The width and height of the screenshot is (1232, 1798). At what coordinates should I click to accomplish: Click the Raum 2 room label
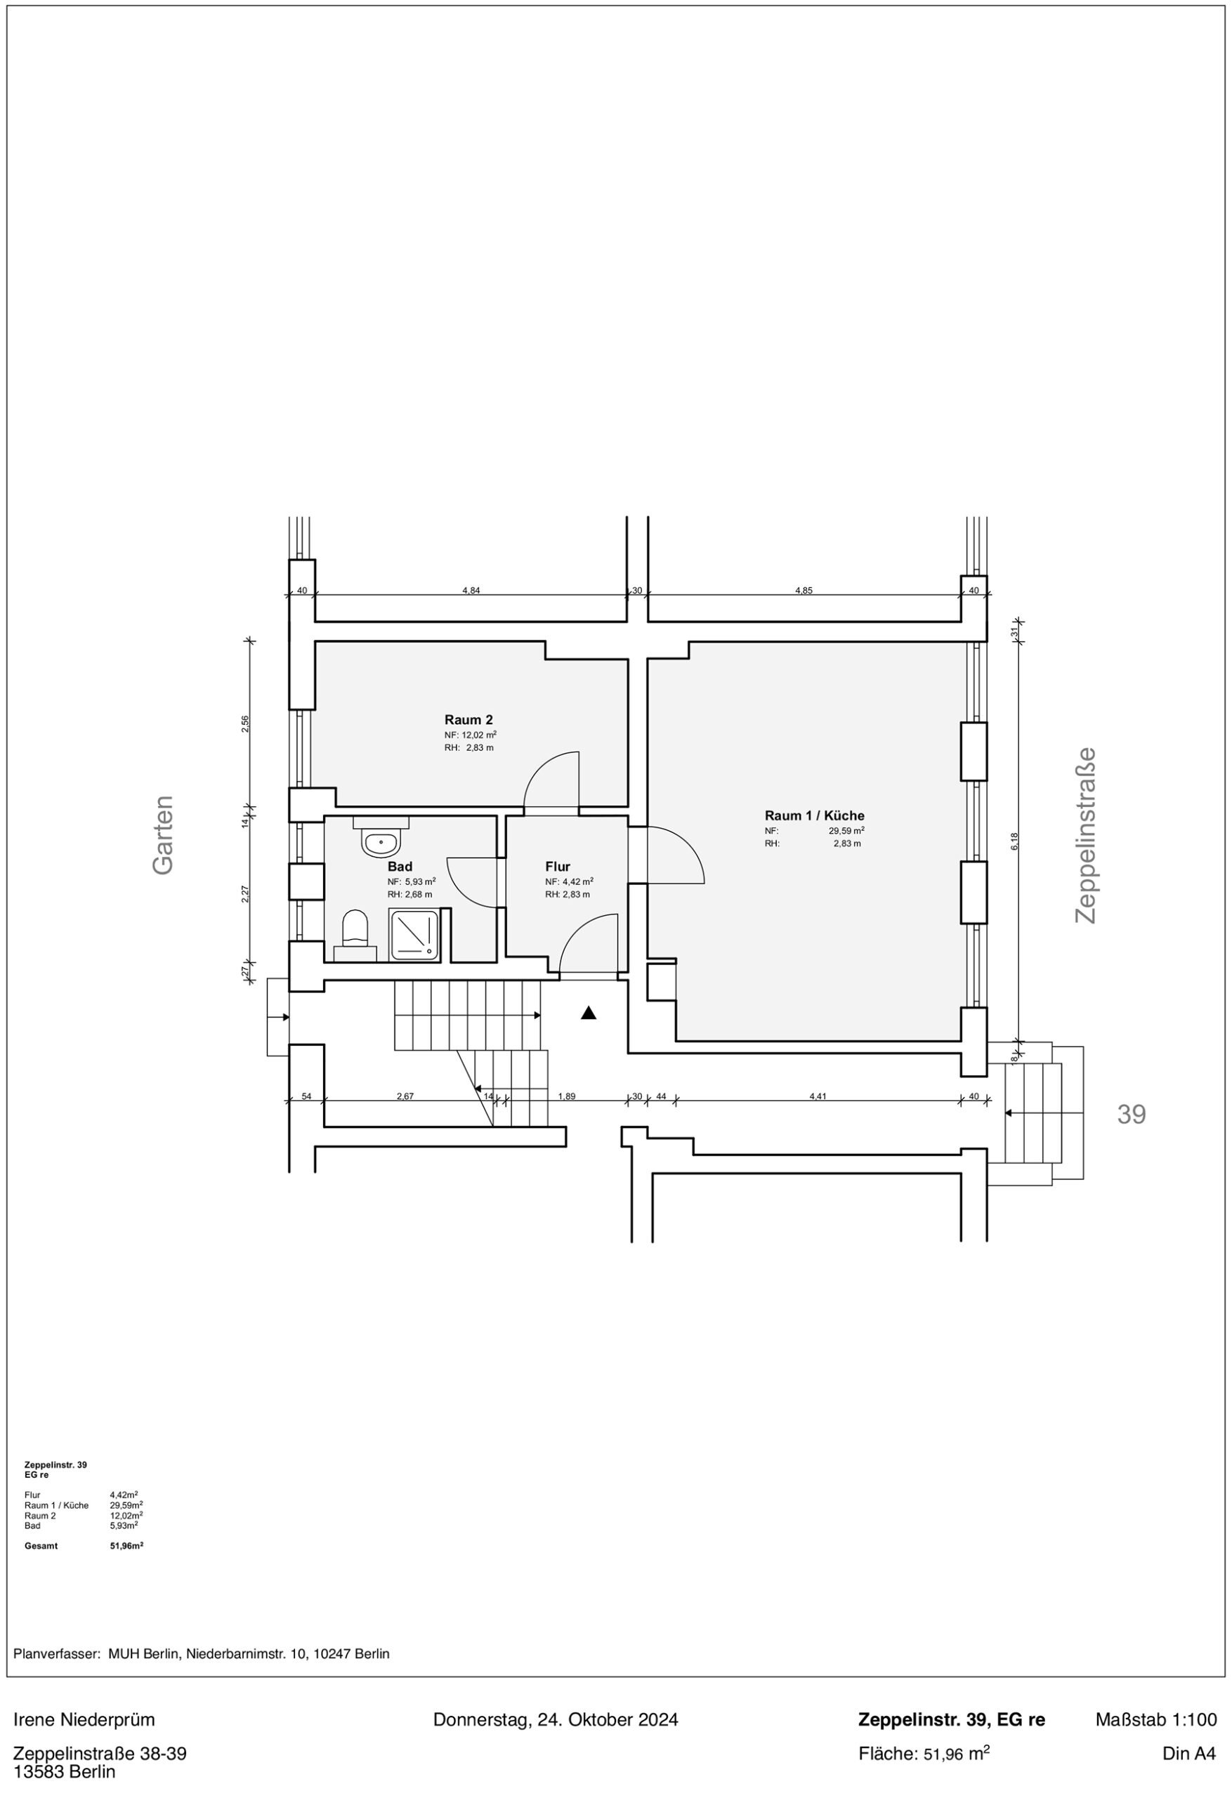pyautogui.click(x=468, y=719)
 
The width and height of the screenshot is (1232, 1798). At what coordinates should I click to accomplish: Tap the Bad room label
pyautogui.click(x=400, y=867)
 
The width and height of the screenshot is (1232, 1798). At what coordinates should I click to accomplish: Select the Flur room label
pyautogui.click(x=557, y=867)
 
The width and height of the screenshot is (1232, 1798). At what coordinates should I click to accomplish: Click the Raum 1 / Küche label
pyautogui.click(x=814, y=815)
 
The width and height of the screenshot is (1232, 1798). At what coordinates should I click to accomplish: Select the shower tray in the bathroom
pyautogui.click(x=416, y=936)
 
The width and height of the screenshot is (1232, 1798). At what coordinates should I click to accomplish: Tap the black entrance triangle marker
pyautogui.click(x=588, y=1013)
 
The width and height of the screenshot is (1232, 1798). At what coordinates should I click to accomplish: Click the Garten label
pyautogui.click(x=163, y=836)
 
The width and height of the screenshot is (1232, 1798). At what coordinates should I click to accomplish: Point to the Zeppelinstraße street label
pyautogui.click(x=1086, y=835)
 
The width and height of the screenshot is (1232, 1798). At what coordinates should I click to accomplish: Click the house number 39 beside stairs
pyautogui.click(x=1132, y=1114)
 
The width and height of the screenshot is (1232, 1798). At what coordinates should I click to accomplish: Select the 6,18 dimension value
pyautogui.click(x=1014, y=841)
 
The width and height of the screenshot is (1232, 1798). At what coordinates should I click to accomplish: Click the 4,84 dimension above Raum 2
pyautogui.click(x=471, y=590)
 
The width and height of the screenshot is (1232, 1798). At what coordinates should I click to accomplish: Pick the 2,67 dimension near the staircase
pyautogui.click(x=405, y=1096)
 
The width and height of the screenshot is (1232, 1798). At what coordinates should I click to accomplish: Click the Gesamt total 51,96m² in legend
pyautogui.click(x=127, y=1546)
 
